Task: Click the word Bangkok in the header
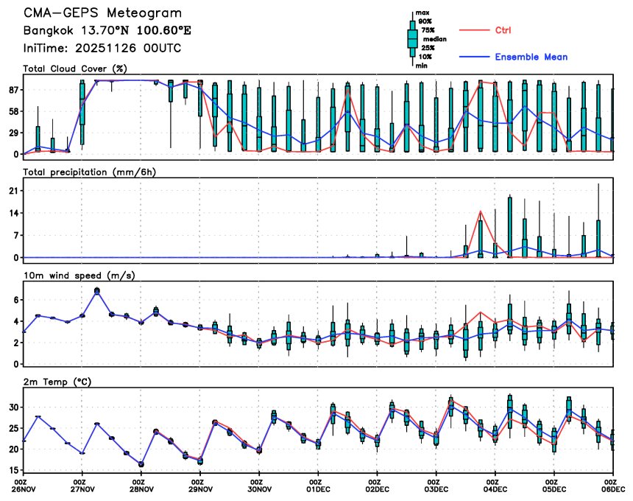(x=48, y=31)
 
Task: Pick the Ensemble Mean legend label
(x=531, y=57)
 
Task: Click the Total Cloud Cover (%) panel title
(x=74, y=69)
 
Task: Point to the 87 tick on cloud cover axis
(x=13, y=89)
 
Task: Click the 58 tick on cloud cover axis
(x=13, y=111)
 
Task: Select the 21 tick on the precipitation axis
(x=13, y=191)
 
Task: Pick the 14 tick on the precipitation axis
(x=13, y=213)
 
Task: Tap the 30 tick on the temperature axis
(x=13, y=407)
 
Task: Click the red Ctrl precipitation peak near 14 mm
(x=481, y=212)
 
